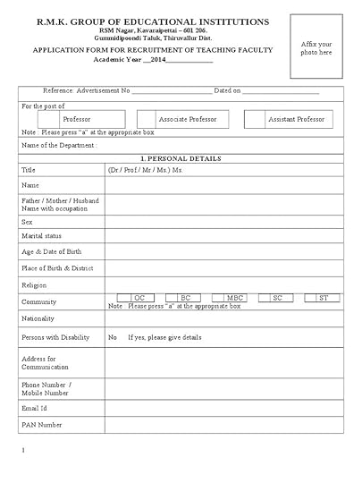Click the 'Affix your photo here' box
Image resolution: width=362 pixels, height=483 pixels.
point(316,47)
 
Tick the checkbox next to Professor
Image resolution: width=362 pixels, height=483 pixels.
point(40,119)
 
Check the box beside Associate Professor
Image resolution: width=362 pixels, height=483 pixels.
point(147,119)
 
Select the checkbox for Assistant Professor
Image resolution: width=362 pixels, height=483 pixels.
point(254,119)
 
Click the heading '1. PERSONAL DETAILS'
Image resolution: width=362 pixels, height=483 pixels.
point(181,158)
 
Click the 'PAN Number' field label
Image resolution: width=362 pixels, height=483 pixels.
point(42,425)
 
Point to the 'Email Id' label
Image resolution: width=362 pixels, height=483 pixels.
point(35,408)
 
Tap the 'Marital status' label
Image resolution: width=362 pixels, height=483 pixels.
point(43,236)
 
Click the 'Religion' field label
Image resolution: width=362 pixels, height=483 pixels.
point(34,285)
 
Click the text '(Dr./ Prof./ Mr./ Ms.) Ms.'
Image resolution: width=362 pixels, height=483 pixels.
point(145,169)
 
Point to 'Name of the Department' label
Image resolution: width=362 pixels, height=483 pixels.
point(59,145)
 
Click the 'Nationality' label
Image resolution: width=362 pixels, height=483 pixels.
point(38,318)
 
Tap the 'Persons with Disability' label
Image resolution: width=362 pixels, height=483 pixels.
point(55,337)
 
